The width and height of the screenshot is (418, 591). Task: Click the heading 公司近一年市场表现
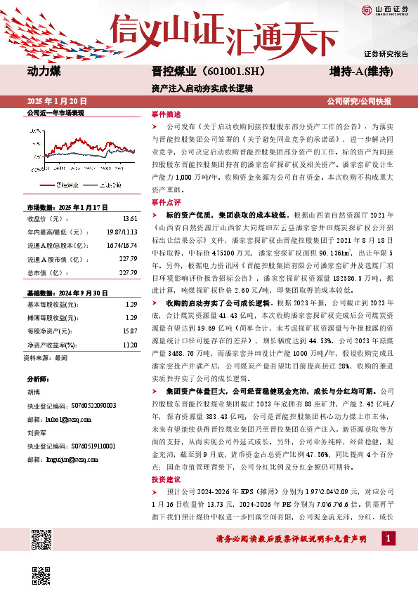pos(55,112)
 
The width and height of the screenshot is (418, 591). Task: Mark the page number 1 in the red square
pos(389,538)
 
